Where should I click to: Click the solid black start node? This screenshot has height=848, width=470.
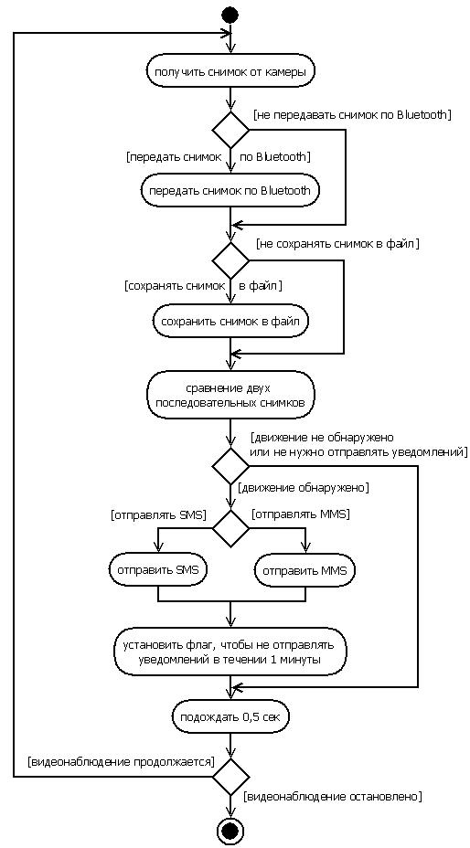[x=230, y=15]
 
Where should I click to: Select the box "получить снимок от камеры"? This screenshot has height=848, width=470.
[x=230, y=72]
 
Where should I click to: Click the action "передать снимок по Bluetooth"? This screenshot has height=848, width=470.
[x=230, y=190]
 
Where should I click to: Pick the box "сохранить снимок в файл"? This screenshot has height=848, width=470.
[x=230, y=321]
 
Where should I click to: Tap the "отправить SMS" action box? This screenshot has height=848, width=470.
[x=158, y=570]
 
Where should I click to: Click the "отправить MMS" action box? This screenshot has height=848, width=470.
[x=305, y=570]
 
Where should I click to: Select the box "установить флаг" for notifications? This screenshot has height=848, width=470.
[x=230, y=652]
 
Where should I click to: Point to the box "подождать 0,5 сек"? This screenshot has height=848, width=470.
[x=230, y=717]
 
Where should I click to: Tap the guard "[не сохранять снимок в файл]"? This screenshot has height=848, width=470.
[x=338, y=243]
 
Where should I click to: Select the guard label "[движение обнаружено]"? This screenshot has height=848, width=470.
[x=304, y=487]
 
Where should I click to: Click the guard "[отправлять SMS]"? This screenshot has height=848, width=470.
[x=158, y=514]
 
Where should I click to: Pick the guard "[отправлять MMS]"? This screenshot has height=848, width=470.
[x=301, y=514]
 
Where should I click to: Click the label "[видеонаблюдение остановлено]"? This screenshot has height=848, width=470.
[x=333, y=797]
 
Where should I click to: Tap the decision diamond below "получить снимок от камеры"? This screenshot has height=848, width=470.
[x=230, y=130]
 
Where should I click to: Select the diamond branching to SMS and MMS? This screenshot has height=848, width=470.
[x=230, y=528]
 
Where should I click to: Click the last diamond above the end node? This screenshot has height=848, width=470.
[x=230, y=777]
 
